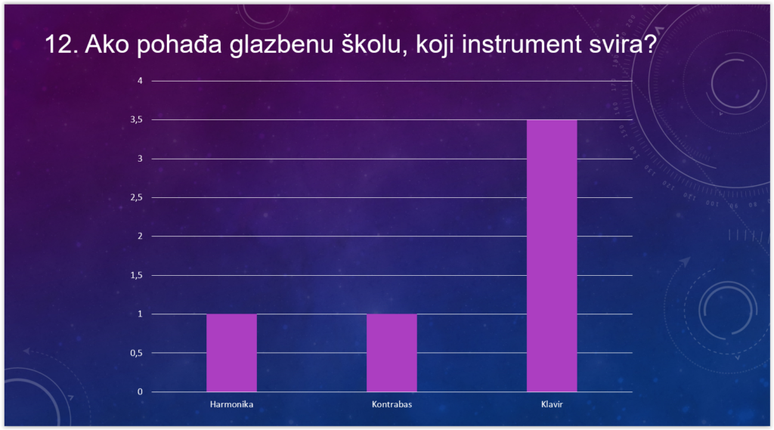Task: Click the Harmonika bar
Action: [231, 352]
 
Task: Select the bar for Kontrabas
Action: [392, 352]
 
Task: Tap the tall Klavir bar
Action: [552, 255]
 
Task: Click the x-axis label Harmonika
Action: [231, 404]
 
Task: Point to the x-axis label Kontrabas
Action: [392, 404]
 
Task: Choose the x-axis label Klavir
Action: [552, 404]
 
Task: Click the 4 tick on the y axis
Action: [140, 80]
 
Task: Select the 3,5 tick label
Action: [137, 119]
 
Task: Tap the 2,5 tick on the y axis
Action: [137, 197]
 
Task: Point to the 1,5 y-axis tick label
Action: [137, 275]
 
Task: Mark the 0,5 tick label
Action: [137, 353]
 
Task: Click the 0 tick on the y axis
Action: [140, 391]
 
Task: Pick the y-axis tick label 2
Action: [140, 236]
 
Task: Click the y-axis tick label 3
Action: [140, 159]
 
